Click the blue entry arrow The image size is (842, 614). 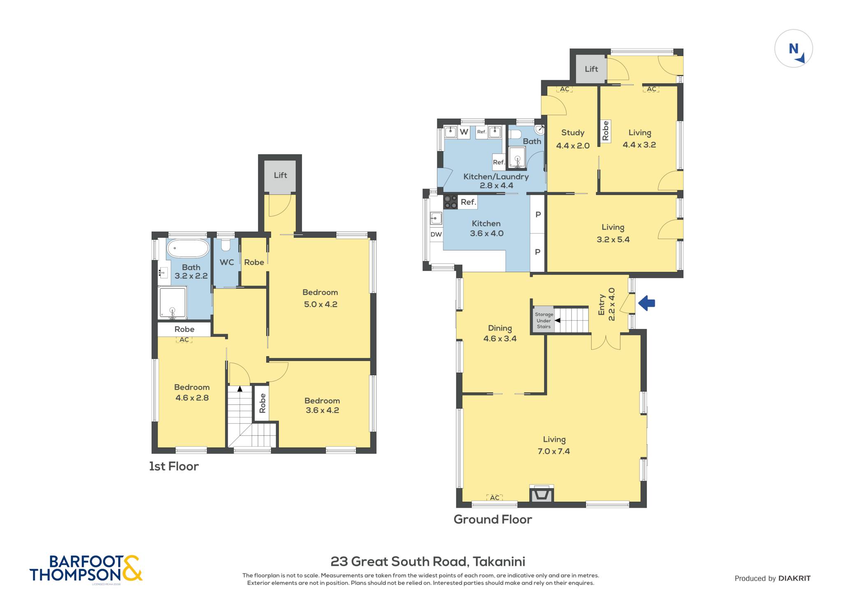pyautogui.click(x=646, y=303)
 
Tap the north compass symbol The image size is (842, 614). pyautogui.click(x=793, y=48)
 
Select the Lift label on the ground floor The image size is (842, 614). pyautogui.click(x=591, y=69)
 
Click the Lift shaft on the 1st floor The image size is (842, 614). pyautogui.click(x=280, y=177)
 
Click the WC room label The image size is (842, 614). pyautogui.click(x=227, y=262)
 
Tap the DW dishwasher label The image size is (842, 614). pyautogui.click(x=436, y=234)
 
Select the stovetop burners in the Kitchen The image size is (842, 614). pyautogui.click(x=450, y=202)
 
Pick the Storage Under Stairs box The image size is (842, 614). pyautogui.click(x=544, y=320)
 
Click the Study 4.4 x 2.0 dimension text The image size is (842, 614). pyautogui.click(x=573, y=145)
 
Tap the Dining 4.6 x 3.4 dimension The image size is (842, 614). pyautogui.click(x=500, y=339)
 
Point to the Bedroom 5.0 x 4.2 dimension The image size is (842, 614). pyautogui.click(x=321, y=304)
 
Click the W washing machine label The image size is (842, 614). pyautogui.click(x=464, y=132)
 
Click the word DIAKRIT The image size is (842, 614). pyautogui.click(x=794, y=578)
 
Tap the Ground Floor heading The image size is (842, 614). pyautogui.click(x=493, y=519)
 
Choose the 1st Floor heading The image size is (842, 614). pyautogui.click(x=174, y=466)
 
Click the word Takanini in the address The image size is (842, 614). pyautogui.click(x=499, y=561)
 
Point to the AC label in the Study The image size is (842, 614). pyautogui.click(x=564, y=89)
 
